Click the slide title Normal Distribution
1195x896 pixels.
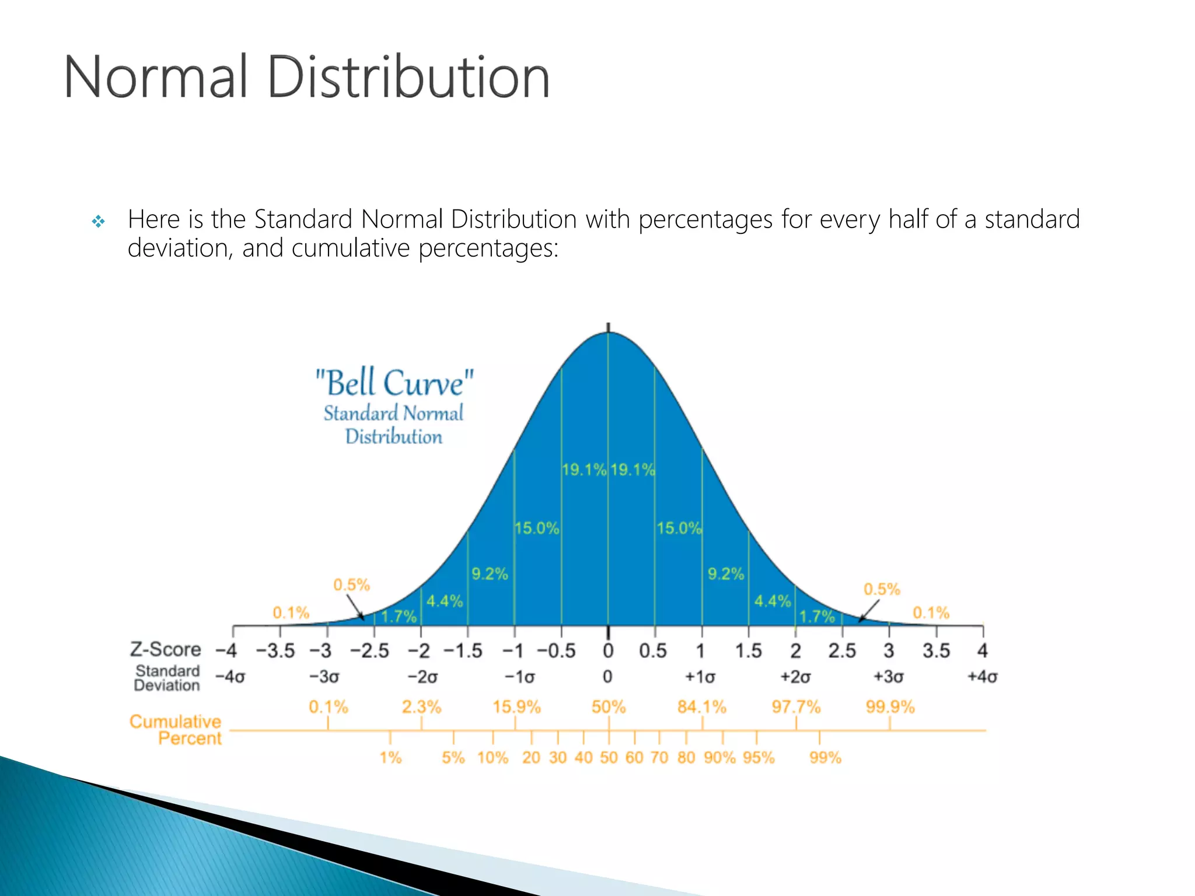coord(306,77)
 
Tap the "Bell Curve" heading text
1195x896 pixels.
coord(394,383)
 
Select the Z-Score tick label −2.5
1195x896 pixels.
coord(369,650)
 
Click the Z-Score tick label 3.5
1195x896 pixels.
coord(936,650)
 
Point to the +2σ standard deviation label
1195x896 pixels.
coord(795,677)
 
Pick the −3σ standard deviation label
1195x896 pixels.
coord(324,677)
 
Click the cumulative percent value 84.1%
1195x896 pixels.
coord(701,707)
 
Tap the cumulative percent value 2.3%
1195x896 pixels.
coord(421,707)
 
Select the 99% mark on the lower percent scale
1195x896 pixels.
coord(825,758)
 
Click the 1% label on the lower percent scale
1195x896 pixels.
coord(390,758)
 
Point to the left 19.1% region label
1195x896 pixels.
coord(583,470)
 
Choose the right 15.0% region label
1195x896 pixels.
coord(679,528)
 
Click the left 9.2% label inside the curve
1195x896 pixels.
coord(490,574)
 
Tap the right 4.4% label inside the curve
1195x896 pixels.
coord(772,601)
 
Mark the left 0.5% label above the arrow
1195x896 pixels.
coord(351,584)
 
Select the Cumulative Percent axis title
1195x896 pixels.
coord(176,730)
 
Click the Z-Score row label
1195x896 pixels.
coord(165,649)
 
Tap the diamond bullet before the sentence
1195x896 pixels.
coord(99,221)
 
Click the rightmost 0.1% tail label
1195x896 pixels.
coord(931,612)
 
